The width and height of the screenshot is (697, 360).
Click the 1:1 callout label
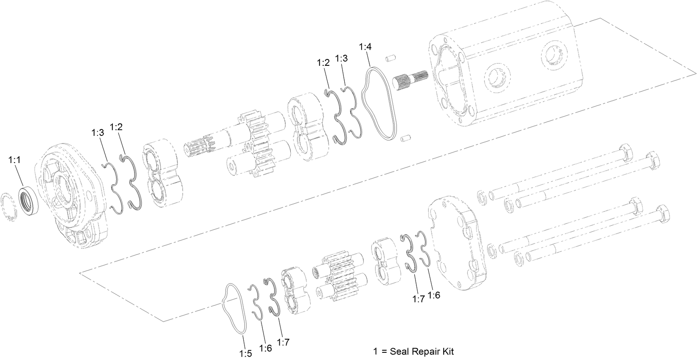[14, 160]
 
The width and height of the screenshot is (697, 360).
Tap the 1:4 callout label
[365, 47]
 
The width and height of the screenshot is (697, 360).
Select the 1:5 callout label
[245, 353]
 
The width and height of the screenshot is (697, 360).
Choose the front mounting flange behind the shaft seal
[76, 195]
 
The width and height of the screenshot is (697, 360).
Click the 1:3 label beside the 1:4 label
[341, 59]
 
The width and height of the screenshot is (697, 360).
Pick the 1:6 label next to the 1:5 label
[265, 348]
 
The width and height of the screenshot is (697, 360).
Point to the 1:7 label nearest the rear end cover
[418, 299]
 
